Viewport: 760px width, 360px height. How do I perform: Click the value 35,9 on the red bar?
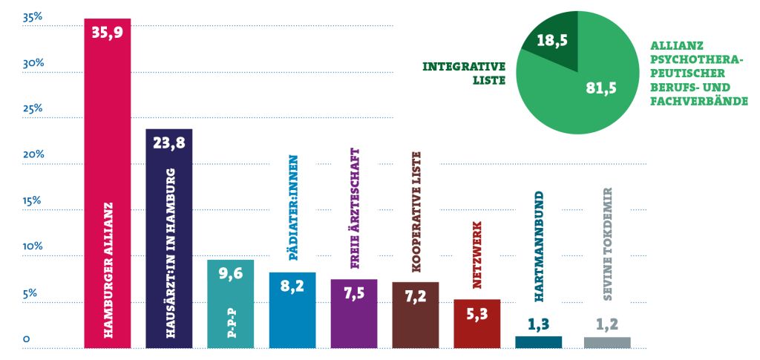click(x=107, y=33)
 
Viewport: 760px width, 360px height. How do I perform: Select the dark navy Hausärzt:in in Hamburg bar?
click(x=169, y=245)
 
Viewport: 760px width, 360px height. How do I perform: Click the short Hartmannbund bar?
click(x=538, y=341)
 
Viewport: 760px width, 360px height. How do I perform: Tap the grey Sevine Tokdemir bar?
click(x=607, y=342)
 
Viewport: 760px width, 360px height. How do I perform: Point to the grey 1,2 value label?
click(x=607, y=324)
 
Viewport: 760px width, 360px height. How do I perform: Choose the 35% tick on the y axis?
click(x=33, y=16)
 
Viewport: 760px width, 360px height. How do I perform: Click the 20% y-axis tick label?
click(x=33, y=154)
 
